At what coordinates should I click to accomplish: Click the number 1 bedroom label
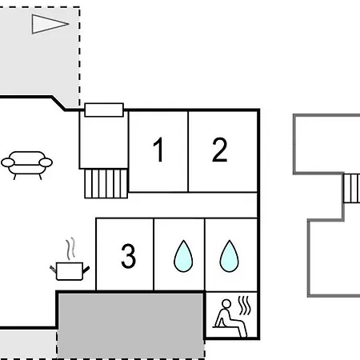coord(158,150)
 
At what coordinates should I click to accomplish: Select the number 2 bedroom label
coord(220,150)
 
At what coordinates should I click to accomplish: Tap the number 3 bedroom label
coord(129,256)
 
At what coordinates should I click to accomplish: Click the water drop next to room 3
coord(183,256)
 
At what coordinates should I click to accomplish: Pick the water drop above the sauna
coord(230,256)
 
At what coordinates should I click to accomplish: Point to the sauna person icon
coord(230,318)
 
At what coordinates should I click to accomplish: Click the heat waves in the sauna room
coord(245,306)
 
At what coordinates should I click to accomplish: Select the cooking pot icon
coord(70,271)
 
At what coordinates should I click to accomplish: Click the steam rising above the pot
coord(70,249)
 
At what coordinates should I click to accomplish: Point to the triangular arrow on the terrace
coord(50,24)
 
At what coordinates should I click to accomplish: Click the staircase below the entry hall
coord(106,184)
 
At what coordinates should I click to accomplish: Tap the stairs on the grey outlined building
coord(352,188)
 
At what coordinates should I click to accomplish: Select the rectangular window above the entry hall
coord(104,110)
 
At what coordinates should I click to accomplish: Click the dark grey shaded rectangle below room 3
coord(130,326)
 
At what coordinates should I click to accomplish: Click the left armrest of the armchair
coord(8,162)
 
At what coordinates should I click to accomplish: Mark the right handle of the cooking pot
coord(86,270)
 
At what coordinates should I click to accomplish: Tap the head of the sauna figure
coord(226,304)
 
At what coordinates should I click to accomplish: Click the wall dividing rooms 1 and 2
coord(188,151)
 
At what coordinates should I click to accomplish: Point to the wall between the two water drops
coord(205,254)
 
